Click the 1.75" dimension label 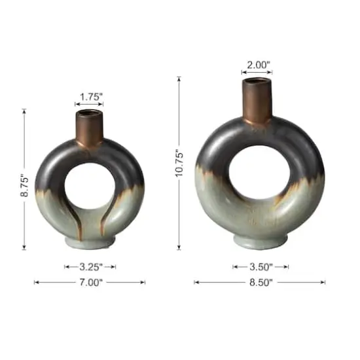tap(90, 97)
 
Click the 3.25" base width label tap(90, 266)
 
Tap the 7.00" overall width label tap(90, 282)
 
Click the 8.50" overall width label tap(259, 282)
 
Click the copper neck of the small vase tap(90, 128)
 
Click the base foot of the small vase tap(90, 242)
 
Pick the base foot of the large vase tap(259, 240)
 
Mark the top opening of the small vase tap(90, 113)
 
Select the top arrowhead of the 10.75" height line tap(179, 79)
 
